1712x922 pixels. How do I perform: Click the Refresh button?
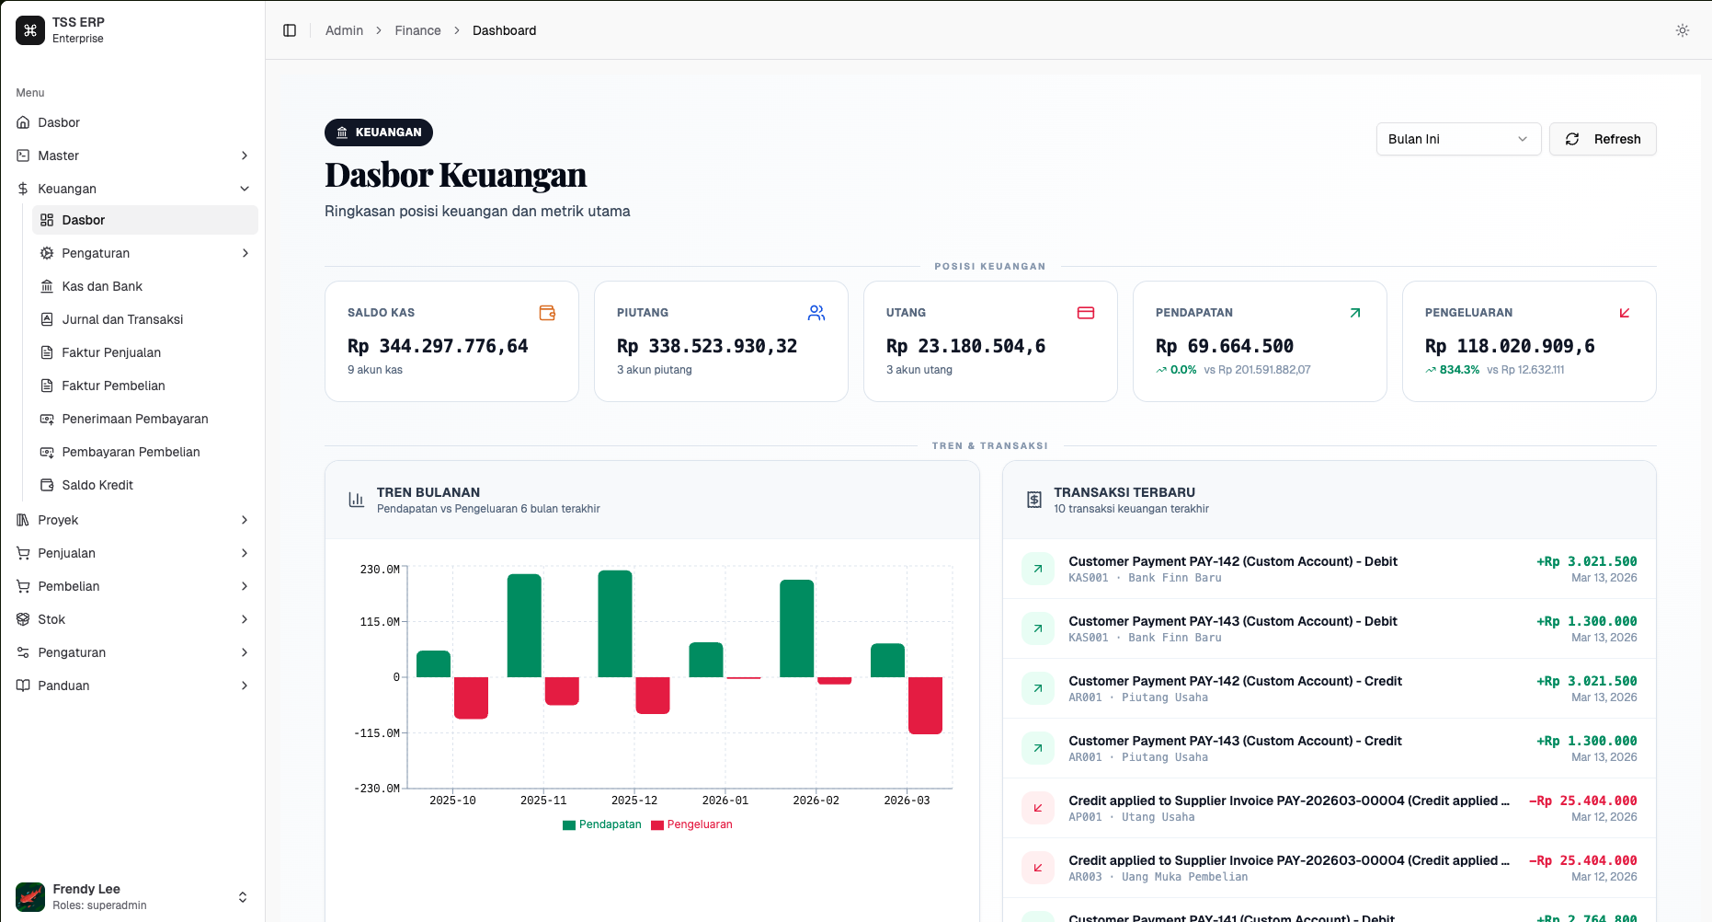(x=1603, y=139)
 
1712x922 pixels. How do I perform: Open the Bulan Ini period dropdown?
(x=1457, y=139)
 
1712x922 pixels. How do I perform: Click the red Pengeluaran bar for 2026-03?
(x=925, y=705)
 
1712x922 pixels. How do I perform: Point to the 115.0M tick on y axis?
(x=380, y=622)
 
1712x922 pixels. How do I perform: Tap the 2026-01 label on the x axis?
(x=725, y=801)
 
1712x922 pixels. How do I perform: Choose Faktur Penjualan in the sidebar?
(x=111, y=352)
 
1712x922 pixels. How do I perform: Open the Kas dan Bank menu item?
(x=102, y=286)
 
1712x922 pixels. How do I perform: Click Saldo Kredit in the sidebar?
(x=97, y=485)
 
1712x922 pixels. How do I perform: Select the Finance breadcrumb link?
(x=417, y=30)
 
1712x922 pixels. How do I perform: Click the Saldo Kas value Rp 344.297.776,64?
(x=438, y=346)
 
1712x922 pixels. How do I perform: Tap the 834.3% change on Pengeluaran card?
(x=1459, y=370)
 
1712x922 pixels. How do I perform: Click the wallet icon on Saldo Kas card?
(x=547, y=313)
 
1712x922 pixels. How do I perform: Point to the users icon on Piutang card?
(x=816, y=313)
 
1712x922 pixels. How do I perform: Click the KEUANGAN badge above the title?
(x=379, y=133)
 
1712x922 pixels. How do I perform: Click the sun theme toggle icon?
(x=1683, y=30)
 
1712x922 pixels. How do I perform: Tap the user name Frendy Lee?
(x=86, y=889)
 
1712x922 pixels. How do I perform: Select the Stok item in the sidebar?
(x=51, y=619)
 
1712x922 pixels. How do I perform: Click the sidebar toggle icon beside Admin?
(x=290, y=30)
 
